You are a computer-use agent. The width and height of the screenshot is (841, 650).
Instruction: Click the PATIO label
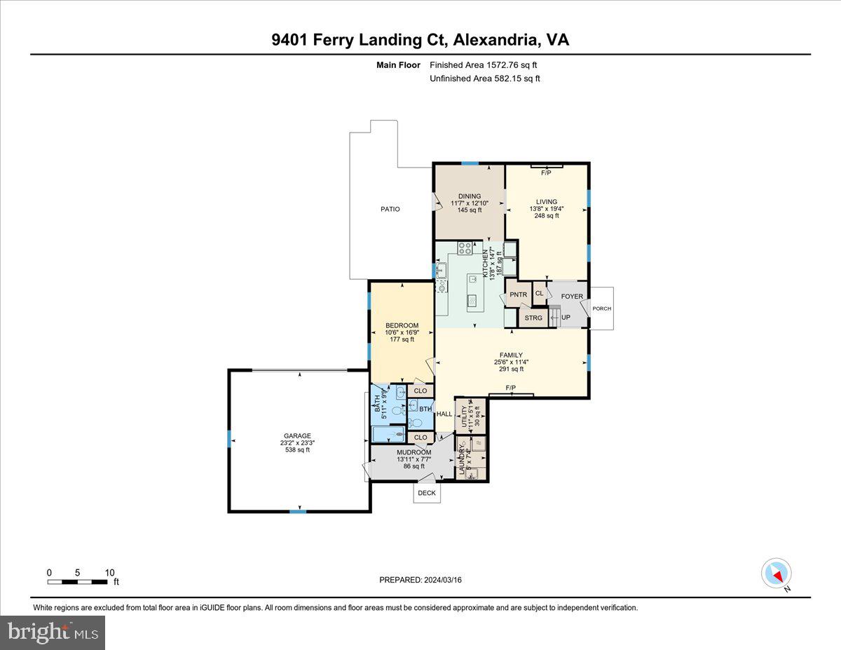pos(390,209)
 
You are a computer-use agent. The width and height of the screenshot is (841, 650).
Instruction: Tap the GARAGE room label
pos(297,435)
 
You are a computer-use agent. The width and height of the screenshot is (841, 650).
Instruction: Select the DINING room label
pos(469,196)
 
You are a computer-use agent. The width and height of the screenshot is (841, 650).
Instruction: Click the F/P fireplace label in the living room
pos(547,172)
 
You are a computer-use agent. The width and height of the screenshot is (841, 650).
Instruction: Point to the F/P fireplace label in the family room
pos(511,388)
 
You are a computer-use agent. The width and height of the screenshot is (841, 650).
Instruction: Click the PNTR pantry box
pos(518,294)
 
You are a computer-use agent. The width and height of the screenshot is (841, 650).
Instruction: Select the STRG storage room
pos(533,318)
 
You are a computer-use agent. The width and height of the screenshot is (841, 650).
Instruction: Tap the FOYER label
pos(572,297)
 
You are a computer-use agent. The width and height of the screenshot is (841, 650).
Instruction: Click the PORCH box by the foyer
pos(601,309)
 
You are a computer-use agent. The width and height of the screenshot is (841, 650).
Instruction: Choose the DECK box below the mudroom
pos(426,493)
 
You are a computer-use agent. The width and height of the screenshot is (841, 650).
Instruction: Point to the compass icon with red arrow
pos(776,573)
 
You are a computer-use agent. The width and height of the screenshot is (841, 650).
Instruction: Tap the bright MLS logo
pos(53,632)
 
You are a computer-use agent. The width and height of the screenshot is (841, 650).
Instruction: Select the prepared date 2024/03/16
pos(420,580)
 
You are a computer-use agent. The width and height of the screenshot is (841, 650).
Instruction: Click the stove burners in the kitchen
pos(465,248)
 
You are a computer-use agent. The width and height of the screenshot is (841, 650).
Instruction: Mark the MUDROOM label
pos(413,453)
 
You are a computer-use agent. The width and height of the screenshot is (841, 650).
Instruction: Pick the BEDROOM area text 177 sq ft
pos(402,339)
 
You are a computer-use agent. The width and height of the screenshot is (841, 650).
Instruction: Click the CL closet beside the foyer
pos(539,294)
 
